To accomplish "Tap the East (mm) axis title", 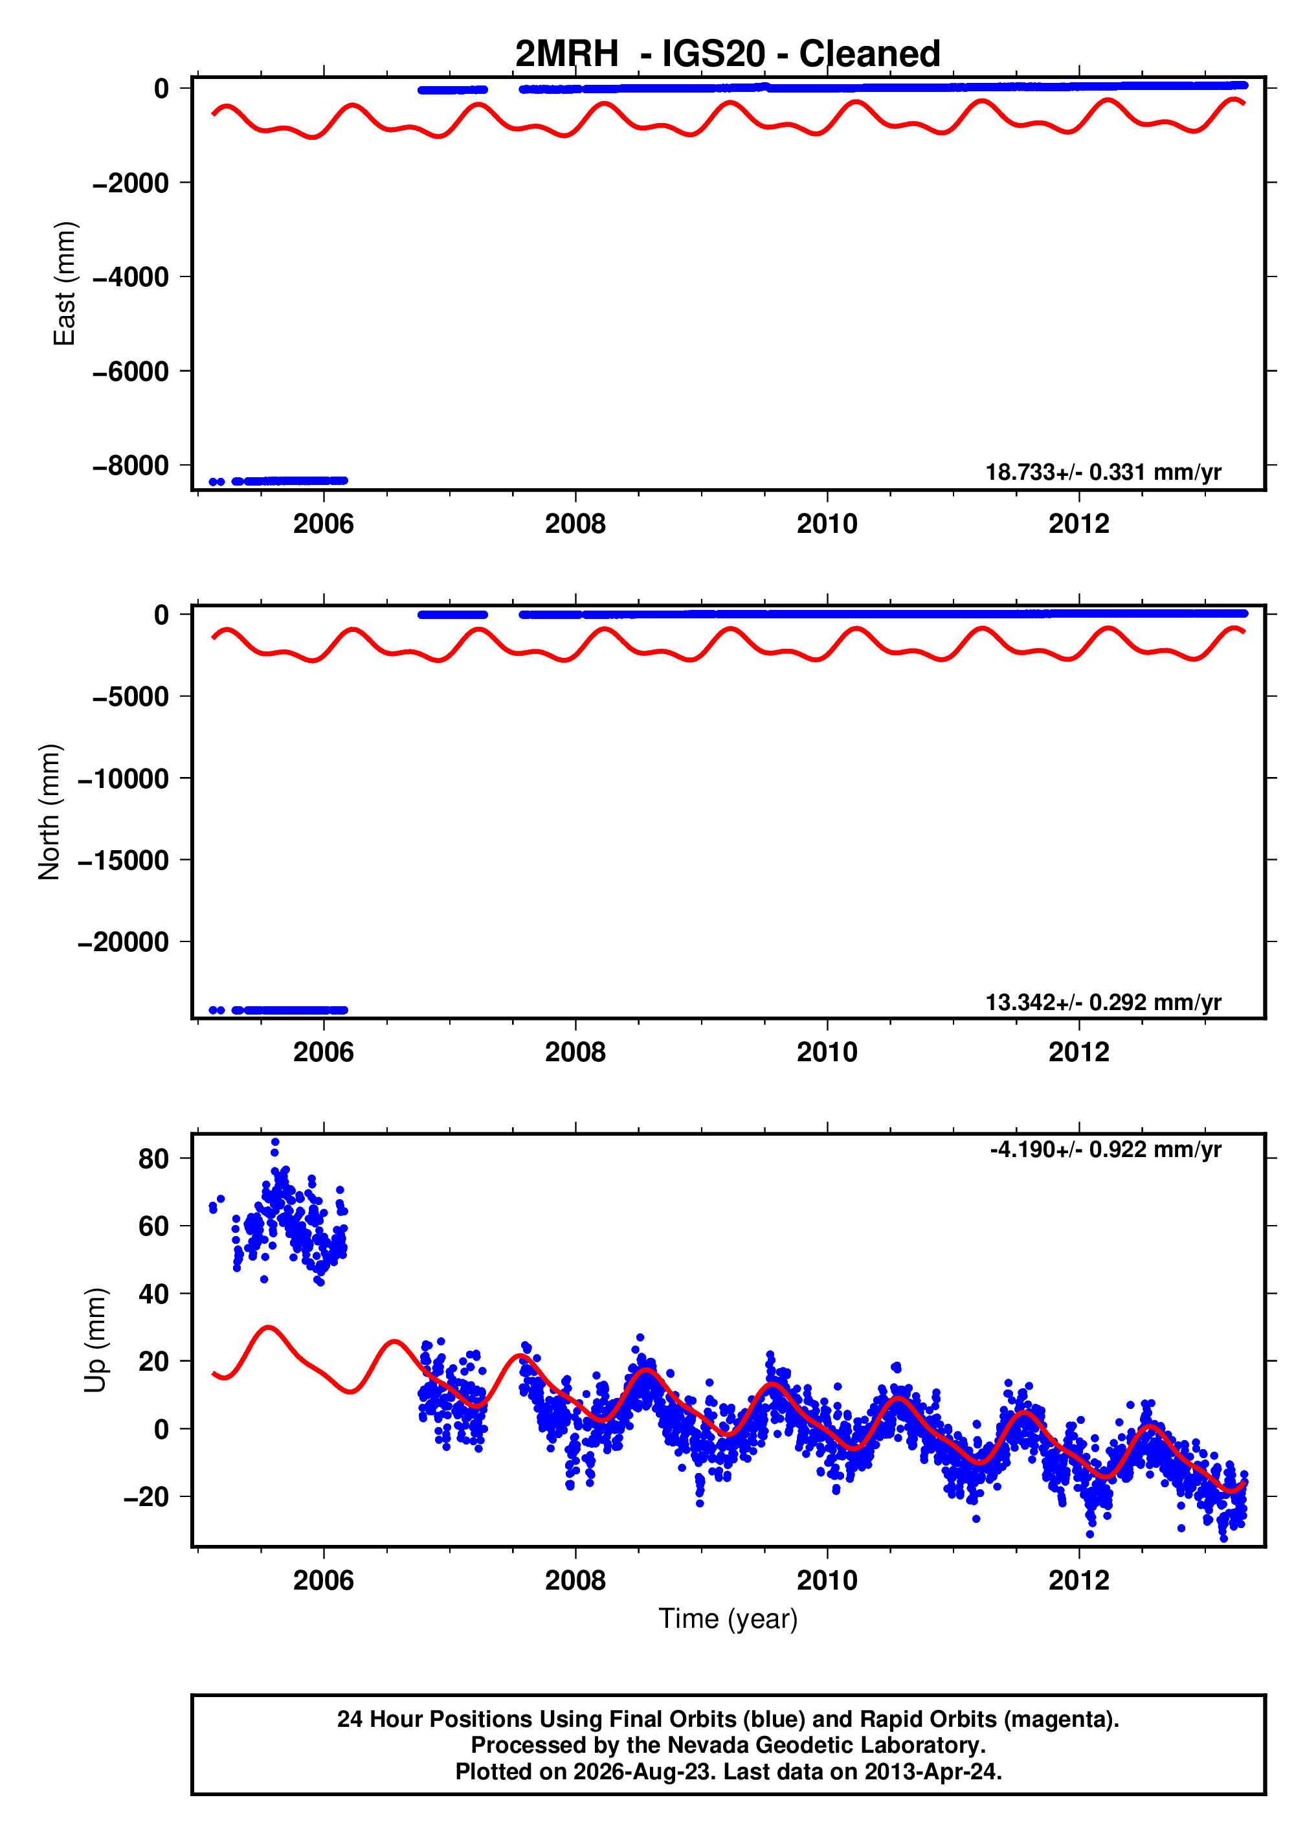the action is [x=64, y=283].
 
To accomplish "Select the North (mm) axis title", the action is [x=49, y=811].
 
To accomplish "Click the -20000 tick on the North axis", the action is [x=123, y=941].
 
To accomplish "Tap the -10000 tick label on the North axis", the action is [x=123, y=778].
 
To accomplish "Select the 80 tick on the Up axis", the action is [x=153, y=1158].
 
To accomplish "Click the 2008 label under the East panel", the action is [x=575, y=524].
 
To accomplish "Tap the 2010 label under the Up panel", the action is [x=827, y=1580].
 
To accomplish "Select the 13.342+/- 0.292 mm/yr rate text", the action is [x=1103, y=1002].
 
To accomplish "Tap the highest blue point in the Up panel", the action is [x=275, y=1142].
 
